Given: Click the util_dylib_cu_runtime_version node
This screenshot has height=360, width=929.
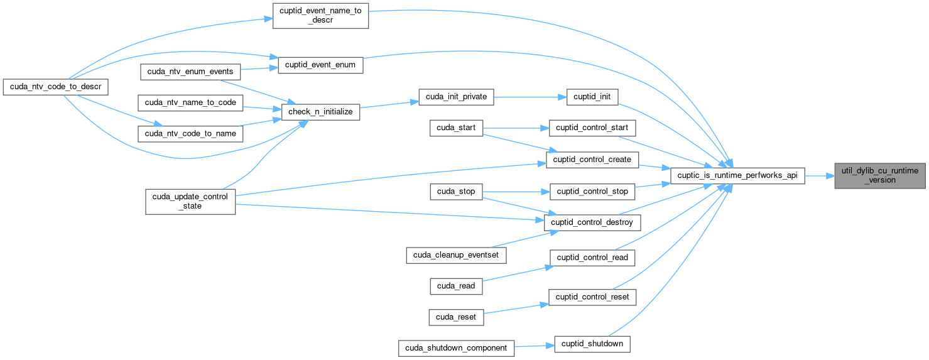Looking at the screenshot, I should [880, 175].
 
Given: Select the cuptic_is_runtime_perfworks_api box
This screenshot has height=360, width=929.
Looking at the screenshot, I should [737, 176].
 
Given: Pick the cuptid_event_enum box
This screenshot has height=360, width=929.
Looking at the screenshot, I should [320, 65].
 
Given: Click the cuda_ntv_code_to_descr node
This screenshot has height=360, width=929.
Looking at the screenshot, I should [56, 86].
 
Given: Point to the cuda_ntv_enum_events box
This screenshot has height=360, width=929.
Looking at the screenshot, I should [190, 72].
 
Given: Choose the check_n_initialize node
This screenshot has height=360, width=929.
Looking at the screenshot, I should [320, 112].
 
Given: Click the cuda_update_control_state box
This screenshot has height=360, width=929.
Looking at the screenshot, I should [190, 201].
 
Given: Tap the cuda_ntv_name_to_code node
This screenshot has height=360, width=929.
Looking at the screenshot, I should [190, 102].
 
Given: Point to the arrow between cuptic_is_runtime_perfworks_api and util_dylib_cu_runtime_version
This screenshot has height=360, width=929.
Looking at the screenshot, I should [819, 176].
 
